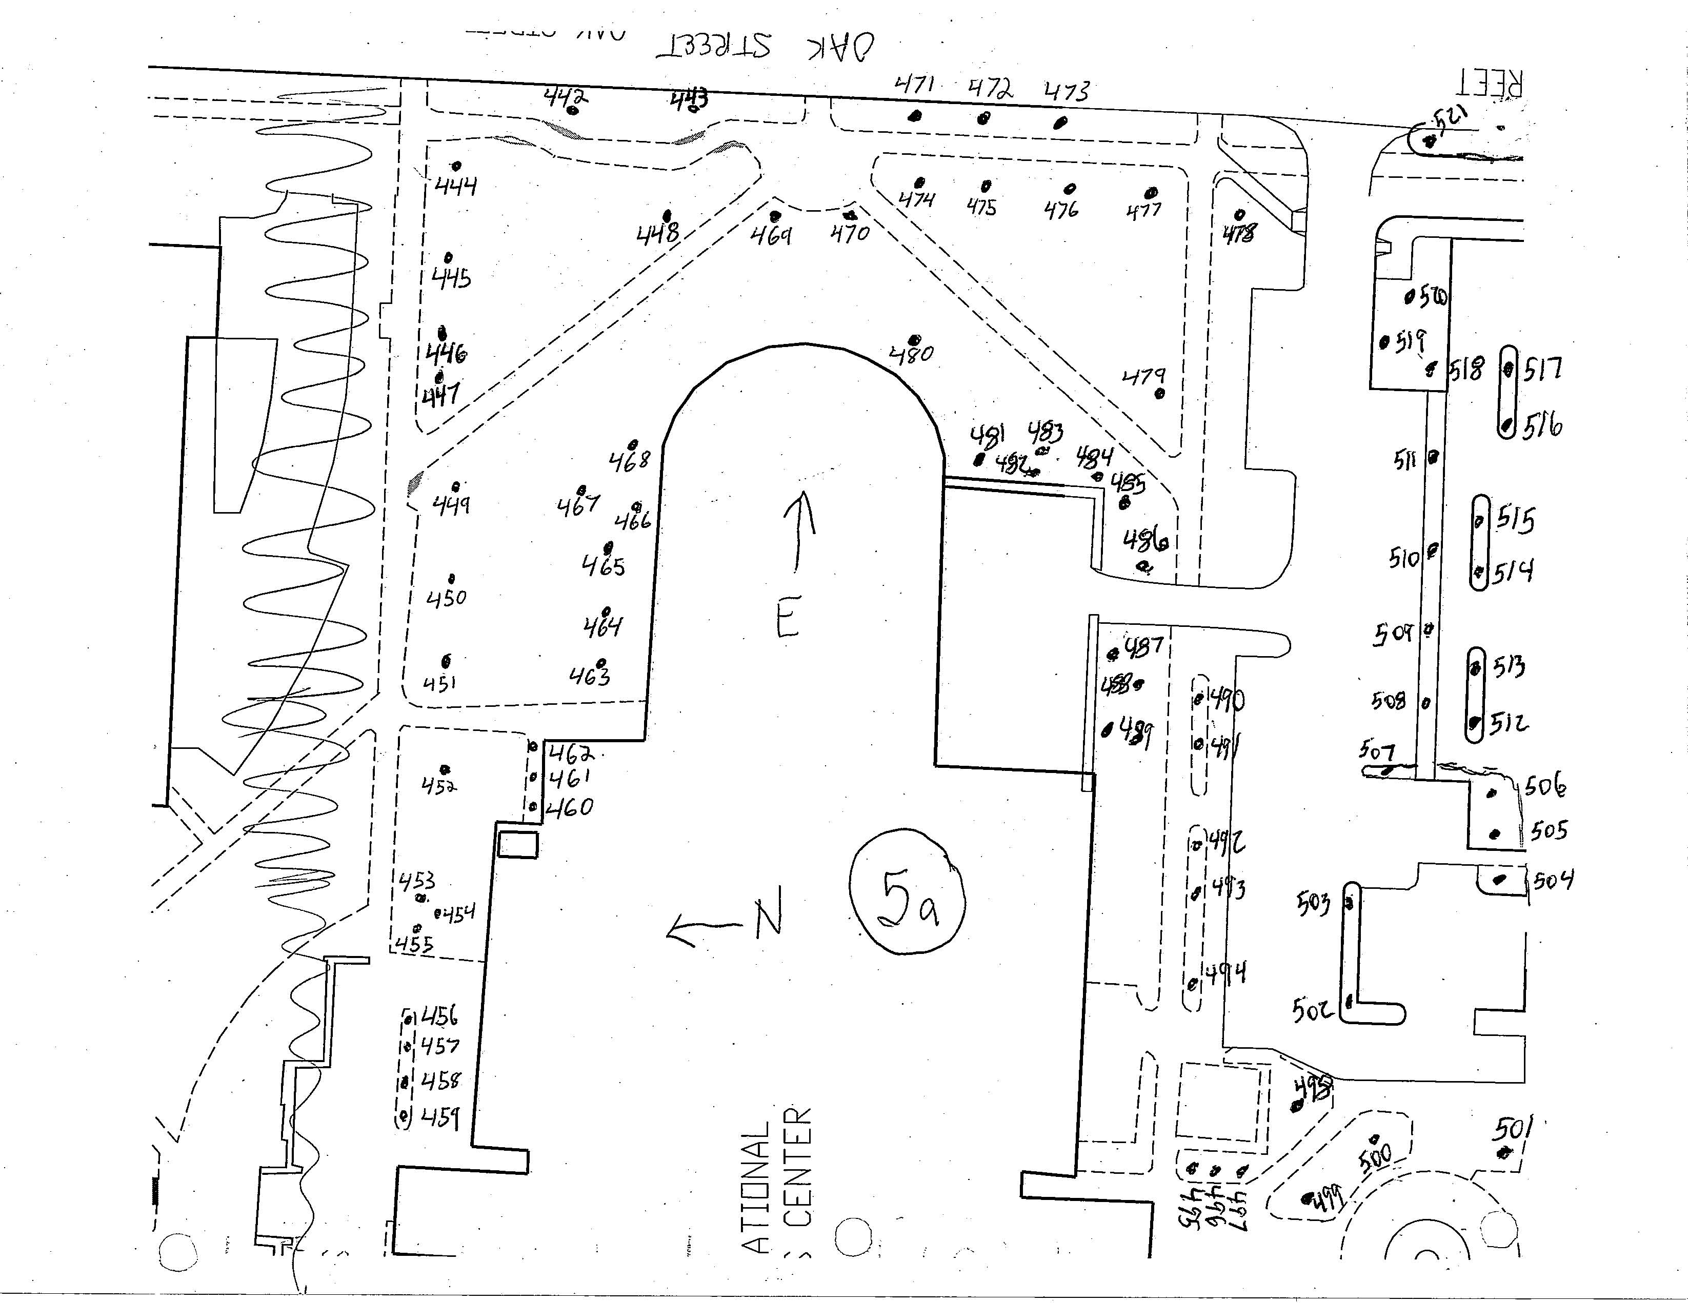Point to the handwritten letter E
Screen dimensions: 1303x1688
[x=788, y=616]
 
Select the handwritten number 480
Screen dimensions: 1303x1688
[x=912, y=354]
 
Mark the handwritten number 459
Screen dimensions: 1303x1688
[x=440, y=1117]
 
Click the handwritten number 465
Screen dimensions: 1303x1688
[x=604, y=566]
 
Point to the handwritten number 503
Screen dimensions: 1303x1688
[x=1313, y=902]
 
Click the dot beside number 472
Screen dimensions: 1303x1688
[x=983, y=118]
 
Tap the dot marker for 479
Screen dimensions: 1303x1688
[x=1159, y=393]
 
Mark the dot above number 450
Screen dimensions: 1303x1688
[x=451, y=578]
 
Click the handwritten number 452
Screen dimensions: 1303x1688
[x=439, y=786]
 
